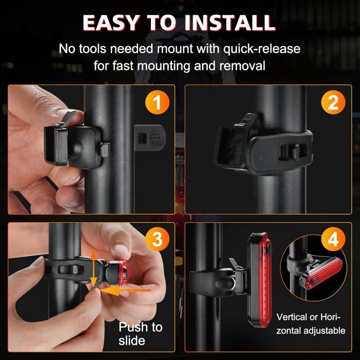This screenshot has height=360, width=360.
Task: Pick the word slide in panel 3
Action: tap(132, 341)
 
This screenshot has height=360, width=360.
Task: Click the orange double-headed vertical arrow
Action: tap(93, 269)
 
